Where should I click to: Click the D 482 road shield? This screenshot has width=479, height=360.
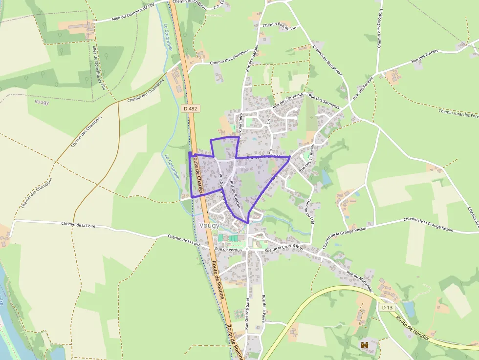click(x=191, y=108)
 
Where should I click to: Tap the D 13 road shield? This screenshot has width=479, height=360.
click(x=387, y=307)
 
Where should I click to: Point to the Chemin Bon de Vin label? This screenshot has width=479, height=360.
click(x=280, y=27)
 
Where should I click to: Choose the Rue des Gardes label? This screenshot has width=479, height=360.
click(x=254, y=62)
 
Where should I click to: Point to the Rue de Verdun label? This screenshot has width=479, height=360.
click(x=229, y=249)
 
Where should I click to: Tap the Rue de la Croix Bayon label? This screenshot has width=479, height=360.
click(x=283, y=249)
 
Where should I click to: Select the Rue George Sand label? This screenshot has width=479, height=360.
click(x=247, y=315)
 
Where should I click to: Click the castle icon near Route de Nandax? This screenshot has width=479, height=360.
click(x=364, y=345)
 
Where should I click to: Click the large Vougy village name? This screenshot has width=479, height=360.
click(x=209, y=225)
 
